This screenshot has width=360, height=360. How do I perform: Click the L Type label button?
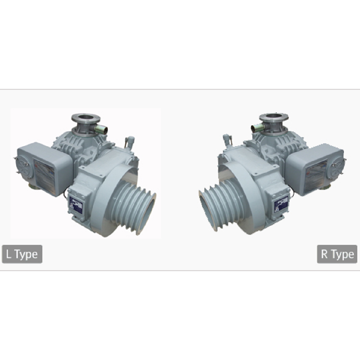(x=22, y=254)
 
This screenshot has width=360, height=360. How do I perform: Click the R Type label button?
(x=337, y=254)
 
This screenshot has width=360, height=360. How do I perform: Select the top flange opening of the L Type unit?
(x=86, y=118)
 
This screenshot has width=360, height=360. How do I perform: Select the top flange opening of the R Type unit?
(x=274, y=118)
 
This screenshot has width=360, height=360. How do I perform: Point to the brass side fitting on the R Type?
(x=257, y=128)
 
